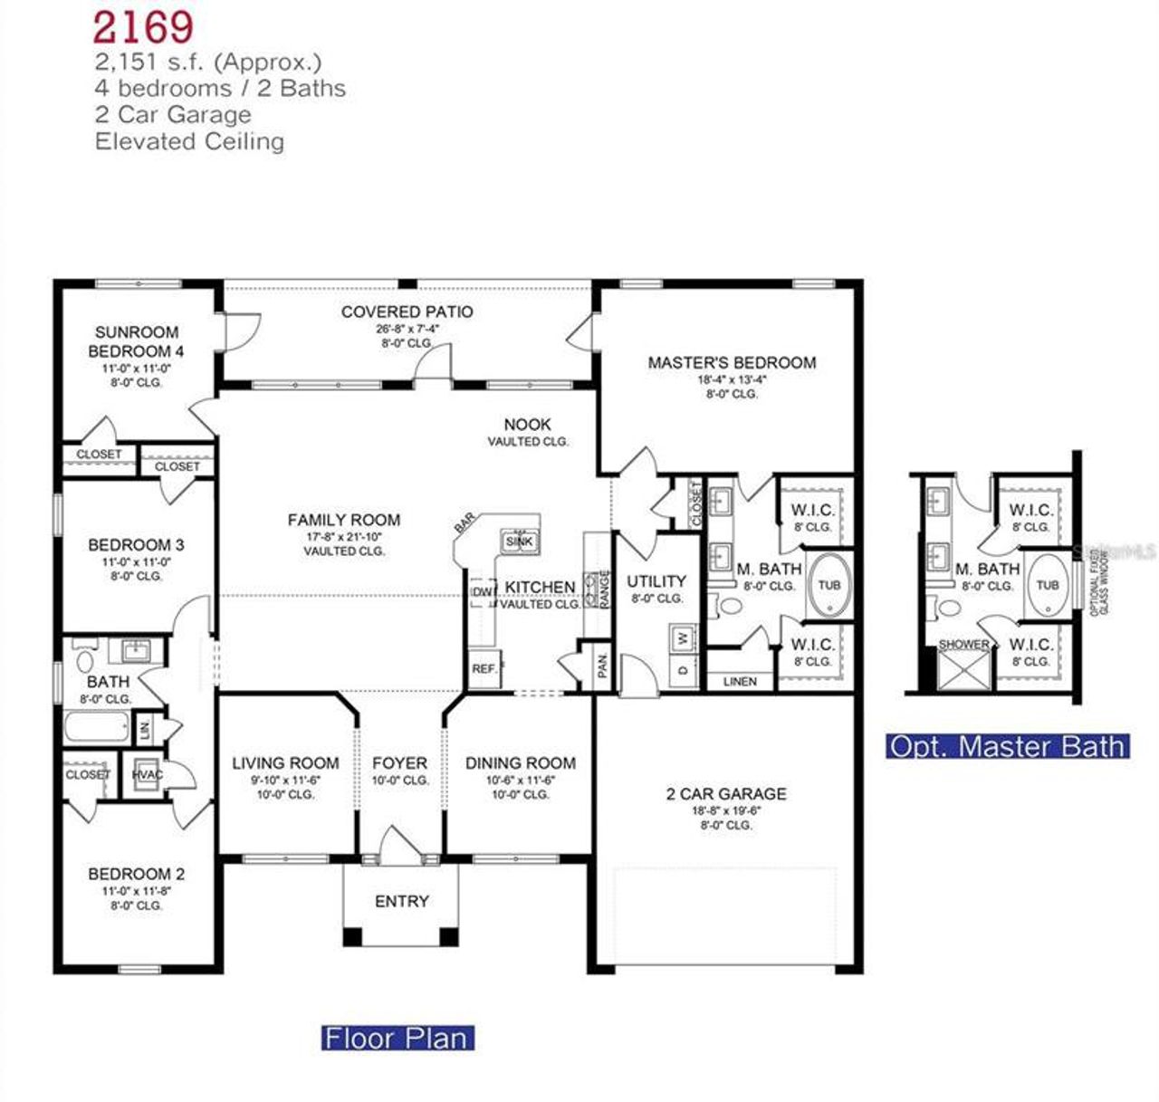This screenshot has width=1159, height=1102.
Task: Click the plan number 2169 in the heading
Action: (143, 26)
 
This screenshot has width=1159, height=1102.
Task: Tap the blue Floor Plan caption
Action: (398, 1037)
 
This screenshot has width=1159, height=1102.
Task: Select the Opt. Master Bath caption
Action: (1007, 746)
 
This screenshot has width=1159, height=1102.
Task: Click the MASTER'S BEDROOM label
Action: (732, 362)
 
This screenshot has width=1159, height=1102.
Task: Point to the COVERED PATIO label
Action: (407, 311)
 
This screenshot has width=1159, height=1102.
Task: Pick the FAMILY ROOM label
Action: (343, 520)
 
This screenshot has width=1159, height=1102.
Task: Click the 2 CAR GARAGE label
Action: (726, 794)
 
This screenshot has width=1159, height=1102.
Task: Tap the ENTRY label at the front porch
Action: (401, 901)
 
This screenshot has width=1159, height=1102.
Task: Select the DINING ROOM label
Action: (520, 763)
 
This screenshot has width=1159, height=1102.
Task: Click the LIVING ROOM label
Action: (285, 763)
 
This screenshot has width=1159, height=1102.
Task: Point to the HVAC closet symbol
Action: (148, 775)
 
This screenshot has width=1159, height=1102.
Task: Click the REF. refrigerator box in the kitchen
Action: (484, 669)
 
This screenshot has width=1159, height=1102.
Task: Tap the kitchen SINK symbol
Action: (520, 541)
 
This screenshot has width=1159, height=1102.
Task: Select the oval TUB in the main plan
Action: (829, 585)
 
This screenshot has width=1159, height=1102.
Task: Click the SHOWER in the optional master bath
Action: (963, 666)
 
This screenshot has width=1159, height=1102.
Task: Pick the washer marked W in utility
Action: (684, 638)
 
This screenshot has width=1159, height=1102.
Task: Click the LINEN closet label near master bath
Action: (740, 681)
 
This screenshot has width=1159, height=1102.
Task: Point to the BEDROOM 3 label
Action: (136, 545)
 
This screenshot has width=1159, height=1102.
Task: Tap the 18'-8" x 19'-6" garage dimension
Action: (726, 811)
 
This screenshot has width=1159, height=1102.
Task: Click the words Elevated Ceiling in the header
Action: (189, 141)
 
